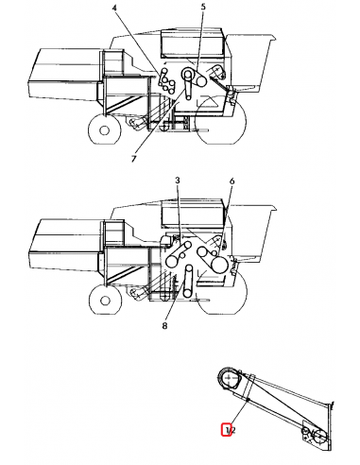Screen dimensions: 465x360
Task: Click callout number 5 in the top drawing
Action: click(x=202, y=8)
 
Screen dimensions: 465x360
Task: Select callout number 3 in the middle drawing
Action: click(x=177, y=180)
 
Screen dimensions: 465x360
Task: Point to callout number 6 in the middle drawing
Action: click(x=231, y=180)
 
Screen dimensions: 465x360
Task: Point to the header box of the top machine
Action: click(x=59, y=71)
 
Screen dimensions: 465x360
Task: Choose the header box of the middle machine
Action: click(x=59, y=241)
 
